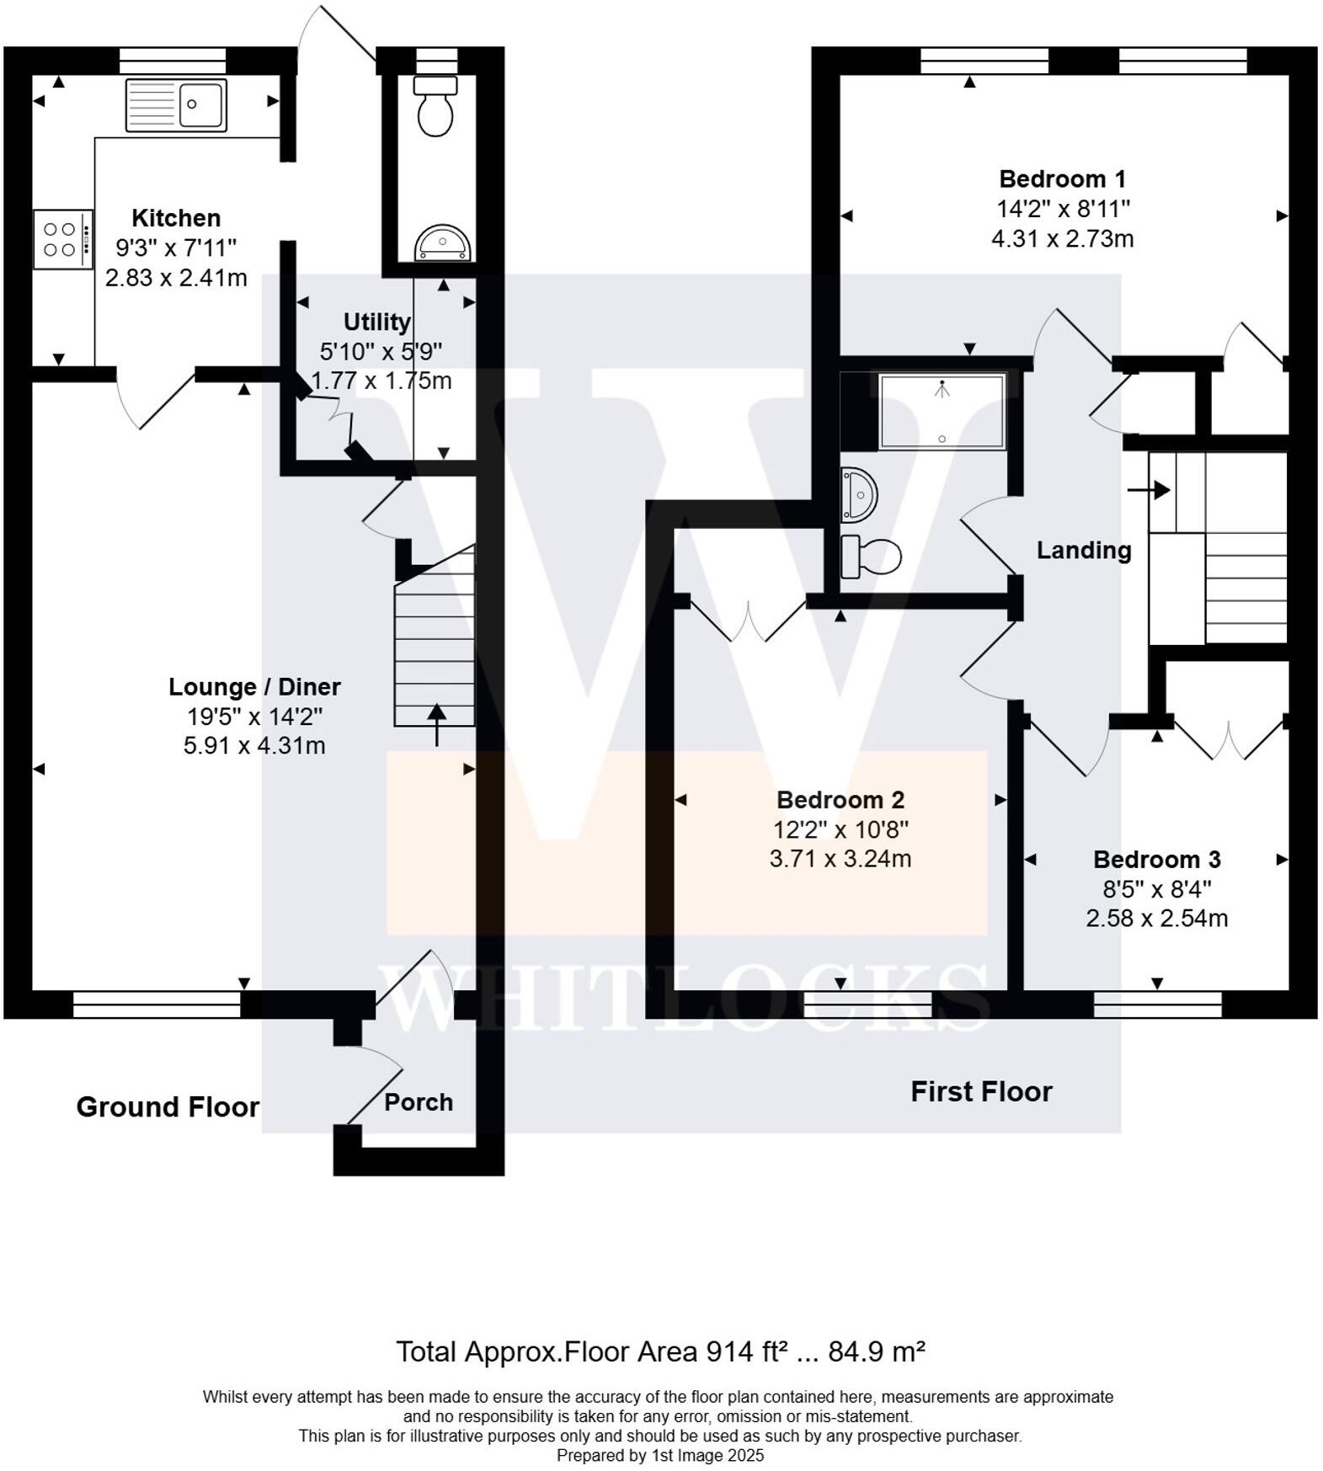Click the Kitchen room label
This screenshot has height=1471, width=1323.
click(176, 218)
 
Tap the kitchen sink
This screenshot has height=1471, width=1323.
click(176, 105)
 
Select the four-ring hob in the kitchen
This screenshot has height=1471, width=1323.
click(62, 239)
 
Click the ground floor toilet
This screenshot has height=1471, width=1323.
click(435, 107)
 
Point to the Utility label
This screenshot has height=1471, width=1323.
click(376, 322)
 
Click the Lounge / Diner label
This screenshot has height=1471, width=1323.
click(254, 687)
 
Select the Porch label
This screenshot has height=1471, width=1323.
click(419, 1102)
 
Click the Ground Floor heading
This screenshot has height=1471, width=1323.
click(168, 1106)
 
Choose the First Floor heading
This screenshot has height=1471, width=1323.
click(981, 1092)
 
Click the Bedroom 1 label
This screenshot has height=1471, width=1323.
click(1062, 179)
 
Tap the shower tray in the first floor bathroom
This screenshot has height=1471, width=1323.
click(942, 412)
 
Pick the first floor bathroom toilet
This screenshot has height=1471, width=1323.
click(871, 556)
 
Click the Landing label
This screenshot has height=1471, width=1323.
click(1083, 551)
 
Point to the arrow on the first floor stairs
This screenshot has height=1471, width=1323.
click(1150, 489)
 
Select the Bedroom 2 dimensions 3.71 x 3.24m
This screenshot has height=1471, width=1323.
click(840, 859)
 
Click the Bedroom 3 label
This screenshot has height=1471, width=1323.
click(1156, 860)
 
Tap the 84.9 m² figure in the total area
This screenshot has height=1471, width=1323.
click(877, 1351)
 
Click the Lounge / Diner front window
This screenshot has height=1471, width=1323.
click(157, 1005)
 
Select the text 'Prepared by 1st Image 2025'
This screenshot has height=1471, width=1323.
click(660, 1455)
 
